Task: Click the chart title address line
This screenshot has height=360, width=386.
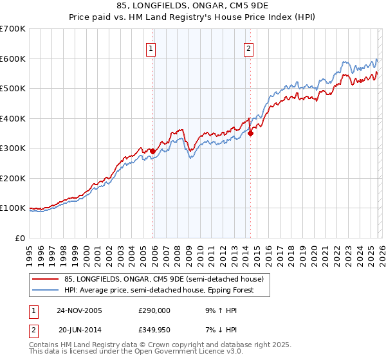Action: [x=192, y=6]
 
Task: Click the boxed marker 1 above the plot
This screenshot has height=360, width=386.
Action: [x=151, y=47]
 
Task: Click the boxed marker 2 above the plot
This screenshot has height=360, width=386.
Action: [x=248, y=47]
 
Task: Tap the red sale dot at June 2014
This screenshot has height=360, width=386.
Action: [x=251, y=134]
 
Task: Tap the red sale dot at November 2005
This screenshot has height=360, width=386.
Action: [x=153, y=151]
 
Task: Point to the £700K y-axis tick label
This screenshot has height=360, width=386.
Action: [x=13, y=29]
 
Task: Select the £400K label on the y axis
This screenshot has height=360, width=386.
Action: [x=13, y=118]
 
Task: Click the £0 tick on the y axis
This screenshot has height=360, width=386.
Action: [x=21, y=238]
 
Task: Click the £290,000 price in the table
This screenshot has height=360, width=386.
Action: [x=154, y=310]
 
